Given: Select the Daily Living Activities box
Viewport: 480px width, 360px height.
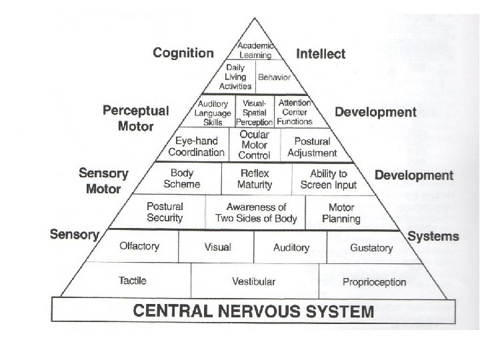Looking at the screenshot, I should (x=236, y=77).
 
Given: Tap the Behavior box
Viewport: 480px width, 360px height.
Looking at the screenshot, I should (x=273, y=77).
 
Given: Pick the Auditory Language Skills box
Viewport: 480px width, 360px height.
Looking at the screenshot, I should (x=213, y=113).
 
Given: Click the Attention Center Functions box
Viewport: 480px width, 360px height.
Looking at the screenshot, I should (x=294, y=112).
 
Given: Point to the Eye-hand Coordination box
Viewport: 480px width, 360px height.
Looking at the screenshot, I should (x=196, y=147).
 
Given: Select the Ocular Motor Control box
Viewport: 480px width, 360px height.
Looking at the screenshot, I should (x=254, y=145).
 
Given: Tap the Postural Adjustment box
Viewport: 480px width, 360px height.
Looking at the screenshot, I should (x=312, y=147).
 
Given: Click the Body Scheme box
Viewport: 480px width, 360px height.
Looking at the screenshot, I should (x=182, y=179).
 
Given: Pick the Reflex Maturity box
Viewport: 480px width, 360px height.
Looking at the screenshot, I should (x=256, y=179).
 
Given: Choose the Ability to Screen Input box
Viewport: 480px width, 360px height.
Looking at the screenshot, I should (x=329, y=179).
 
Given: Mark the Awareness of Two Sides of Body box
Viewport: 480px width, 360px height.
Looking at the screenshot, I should (x=256, y=213).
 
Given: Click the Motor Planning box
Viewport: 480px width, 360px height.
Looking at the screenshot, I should (x=341, y=213).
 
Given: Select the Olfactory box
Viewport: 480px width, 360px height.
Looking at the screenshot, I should (x=139, y=247).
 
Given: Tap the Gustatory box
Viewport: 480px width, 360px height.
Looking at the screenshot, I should (x=371, y=248).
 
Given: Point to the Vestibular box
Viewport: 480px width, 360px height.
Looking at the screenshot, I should (x=254, y=281).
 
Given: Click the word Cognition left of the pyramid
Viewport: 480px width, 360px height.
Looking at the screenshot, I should (x=183, y=53).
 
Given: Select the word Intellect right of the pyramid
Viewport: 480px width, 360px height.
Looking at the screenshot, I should (x=321, y=53).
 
